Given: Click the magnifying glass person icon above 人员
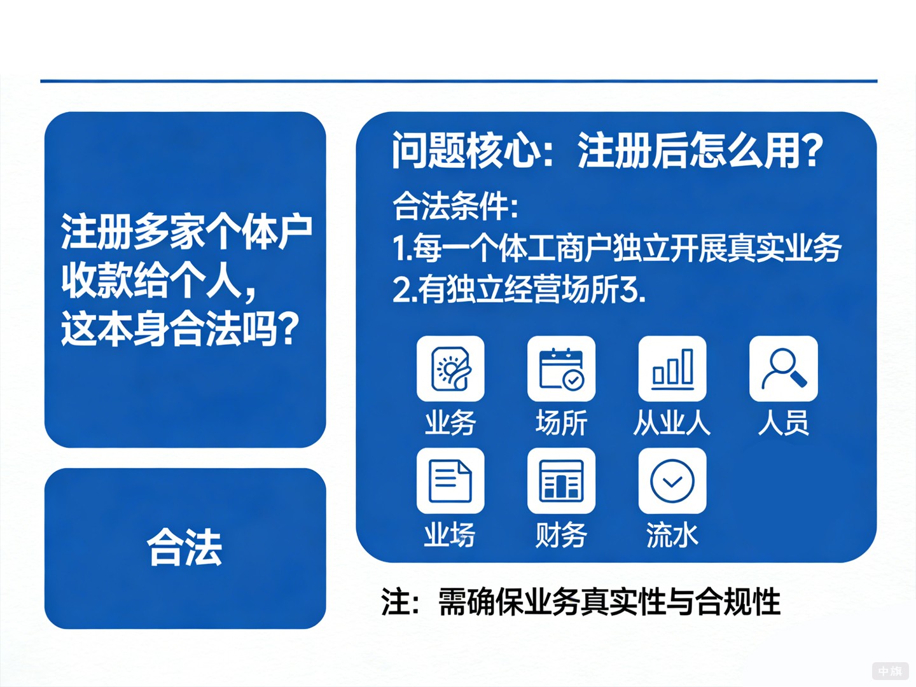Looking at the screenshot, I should pyautogui.click(x=783, y=368).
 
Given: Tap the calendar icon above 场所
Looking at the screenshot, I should pyautogui.click(x=561, y=368).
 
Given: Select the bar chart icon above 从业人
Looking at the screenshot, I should pyautogui.click(x=672, y=368).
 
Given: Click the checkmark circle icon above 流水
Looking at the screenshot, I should pyautogui.click(x=672, y=481).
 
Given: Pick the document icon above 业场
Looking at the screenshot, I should pyautogui.click(x=450, y=481).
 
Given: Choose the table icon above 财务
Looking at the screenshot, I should pyautogui.click(x=561, y=481).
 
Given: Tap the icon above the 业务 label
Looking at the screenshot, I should pyautogui.click(x=450, y=368).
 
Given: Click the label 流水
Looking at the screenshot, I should pyautogui.click(x=672, y=535).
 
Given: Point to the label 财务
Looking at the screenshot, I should pyautogui.click(x=561, y=535).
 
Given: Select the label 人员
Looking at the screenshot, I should pyautogui.click(x=783, y=423).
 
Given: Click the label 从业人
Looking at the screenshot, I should pyautogui.click(x=672, y=423).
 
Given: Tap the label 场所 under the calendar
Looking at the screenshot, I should pyautogui.click(x=561, y=423).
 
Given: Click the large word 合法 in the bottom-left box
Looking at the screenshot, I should pyautogui.click(x=184, y=548).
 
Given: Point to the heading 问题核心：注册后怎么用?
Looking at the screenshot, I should pyautogui.click(x=607, y=151).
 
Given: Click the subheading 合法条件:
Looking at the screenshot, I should pyautogui.click(x=455, y=206).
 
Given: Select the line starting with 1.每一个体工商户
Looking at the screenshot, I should pyautogui.click(x=616, y=248).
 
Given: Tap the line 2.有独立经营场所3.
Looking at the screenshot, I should pyautogui.click(x=519, y=290).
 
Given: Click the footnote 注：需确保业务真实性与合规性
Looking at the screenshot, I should pyautogui.click(x=581, y=602).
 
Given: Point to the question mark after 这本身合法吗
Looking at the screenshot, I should pyautogui.click(x=289, y=329).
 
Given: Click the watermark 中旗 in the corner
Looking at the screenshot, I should pyautogui.click(x=890, y=670).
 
